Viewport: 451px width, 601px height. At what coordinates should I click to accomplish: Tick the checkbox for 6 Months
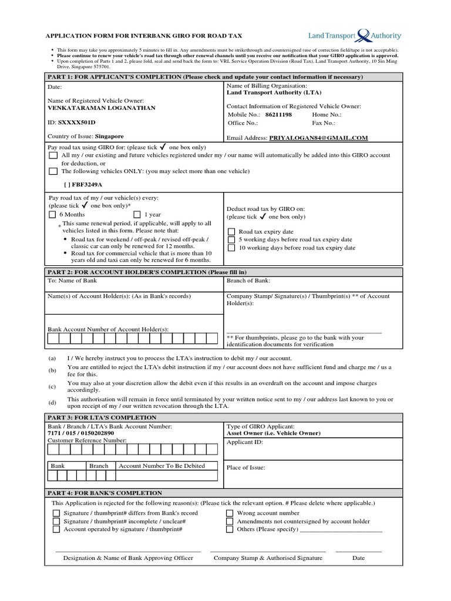53,215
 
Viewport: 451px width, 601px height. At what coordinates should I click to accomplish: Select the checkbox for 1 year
137,215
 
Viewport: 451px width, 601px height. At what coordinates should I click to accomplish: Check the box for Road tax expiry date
231,232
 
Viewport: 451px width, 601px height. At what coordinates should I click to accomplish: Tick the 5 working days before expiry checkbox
231,240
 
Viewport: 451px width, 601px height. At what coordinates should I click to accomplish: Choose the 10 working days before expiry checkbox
231,248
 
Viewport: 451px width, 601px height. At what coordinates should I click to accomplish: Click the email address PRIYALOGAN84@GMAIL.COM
318,138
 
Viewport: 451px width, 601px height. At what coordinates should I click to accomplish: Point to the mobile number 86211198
279,115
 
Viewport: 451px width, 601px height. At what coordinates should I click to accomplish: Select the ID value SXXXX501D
76,122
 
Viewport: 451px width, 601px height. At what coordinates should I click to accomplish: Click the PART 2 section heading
147,272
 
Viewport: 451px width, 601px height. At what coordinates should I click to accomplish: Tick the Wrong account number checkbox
230,513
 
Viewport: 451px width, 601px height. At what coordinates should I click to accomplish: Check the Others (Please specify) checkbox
230,529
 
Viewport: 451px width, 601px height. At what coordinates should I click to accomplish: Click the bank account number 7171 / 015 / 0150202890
81,433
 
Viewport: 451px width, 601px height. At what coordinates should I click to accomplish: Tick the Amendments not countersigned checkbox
230,521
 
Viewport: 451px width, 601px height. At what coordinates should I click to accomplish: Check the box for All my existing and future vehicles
53,156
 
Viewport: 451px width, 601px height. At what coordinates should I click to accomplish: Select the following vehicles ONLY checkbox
53,171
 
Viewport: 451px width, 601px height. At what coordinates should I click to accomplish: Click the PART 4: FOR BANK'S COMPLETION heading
105,493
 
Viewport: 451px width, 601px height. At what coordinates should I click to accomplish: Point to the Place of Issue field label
246,468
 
